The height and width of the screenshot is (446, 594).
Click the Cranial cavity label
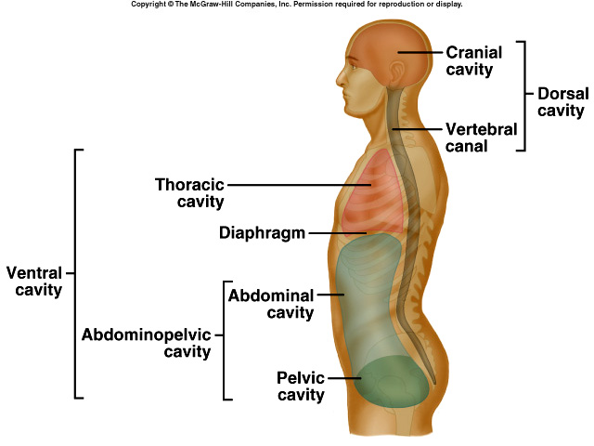pos(475,60)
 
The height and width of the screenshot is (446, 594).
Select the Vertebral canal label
pos(481,138)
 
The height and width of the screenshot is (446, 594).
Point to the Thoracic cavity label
pos(189,192)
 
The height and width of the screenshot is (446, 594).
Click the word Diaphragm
pos(262,232)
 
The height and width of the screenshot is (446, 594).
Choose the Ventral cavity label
pos(34,282)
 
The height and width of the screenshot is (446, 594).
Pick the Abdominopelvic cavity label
pos(147,343)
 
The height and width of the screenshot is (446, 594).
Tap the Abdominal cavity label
pos(271,304)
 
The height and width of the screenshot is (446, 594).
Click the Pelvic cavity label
pos(301,387)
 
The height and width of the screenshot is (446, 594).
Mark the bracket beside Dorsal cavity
pos(525,95)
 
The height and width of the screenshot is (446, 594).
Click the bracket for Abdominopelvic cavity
pos(225,339)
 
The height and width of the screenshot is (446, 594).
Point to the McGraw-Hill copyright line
pos(297,5)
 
